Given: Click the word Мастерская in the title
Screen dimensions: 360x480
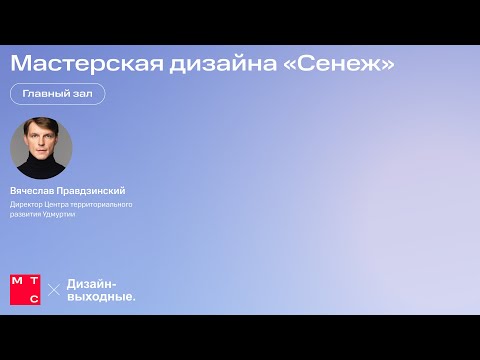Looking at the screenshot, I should [80, 63].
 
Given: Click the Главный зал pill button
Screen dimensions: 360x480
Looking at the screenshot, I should [57, 93].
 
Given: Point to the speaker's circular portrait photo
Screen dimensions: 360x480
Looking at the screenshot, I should [41, 149].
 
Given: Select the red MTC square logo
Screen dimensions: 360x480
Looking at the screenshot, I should [25, 288].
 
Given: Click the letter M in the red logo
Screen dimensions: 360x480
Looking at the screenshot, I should [17, 280].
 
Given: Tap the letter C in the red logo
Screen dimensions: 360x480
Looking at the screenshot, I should [33, 296].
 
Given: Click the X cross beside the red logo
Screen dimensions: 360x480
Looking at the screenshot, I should [54, 289].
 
